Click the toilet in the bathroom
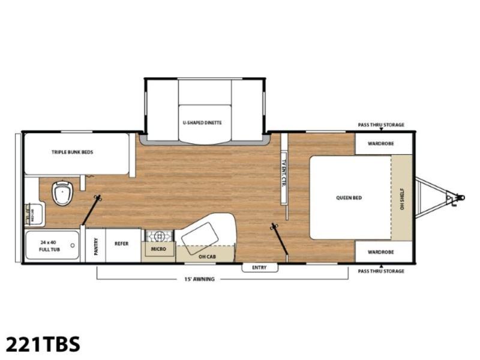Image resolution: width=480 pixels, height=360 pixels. click(x=63, y=193)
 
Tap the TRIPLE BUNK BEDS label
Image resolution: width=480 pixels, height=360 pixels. click(x=72, y=152)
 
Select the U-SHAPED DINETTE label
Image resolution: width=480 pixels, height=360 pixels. click(x=202, y=123)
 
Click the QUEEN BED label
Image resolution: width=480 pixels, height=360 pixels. click(x=349, y=198)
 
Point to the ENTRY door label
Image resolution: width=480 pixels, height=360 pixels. click(x=259, y=268)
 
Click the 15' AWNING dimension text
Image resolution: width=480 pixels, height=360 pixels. click(x=199, y=279)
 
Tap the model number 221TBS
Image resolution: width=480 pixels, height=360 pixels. click(x=43, y=344)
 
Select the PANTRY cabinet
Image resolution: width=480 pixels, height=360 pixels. click(x=95, y=245)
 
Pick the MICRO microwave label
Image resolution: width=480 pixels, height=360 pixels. click(x=158, y=249)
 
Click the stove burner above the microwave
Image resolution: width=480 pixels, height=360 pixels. click(x=159, y=236)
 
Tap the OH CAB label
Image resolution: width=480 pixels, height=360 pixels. click(x=207, y=257)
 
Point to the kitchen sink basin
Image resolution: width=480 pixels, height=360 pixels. click(x=199, y=238)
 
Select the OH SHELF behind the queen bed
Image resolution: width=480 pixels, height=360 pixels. click(x=402, y=198)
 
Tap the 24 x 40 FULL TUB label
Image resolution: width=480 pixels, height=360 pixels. click(x=50, y=246)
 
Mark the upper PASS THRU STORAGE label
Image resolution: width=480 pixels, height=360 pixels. click(x=381, y=125)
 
